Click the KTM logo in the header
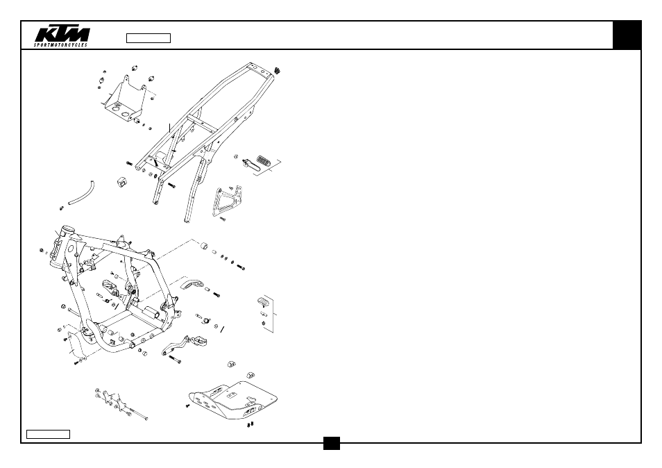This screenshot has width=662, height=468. tap(62, 35)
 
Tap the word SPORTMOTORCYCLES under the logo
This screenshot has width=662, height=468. tap(61, 44)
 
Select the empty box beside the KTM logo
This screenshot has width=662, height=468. tap(148, 38)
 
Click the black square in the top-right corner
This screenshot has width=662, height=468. tap(627, 35)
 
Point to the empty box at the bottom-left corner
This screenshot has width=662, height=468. tap(48, 434)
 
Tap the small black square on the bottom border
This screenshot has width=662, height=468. tap(332, 443)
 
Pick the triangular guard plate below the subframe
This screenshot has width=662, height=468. tap(227, 201)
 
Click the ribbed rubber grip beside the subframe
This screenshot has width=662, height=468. tap(264, 160)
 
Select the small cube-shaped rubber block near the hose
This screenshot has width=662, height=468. tap(121, 183)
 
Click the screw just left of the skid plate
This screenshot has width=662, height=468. tap(187, 406)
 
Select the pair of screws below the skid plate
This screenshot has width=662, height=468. tap(250, 424)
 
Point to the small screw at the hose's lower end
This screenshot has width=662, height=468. tap(62, 208)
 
